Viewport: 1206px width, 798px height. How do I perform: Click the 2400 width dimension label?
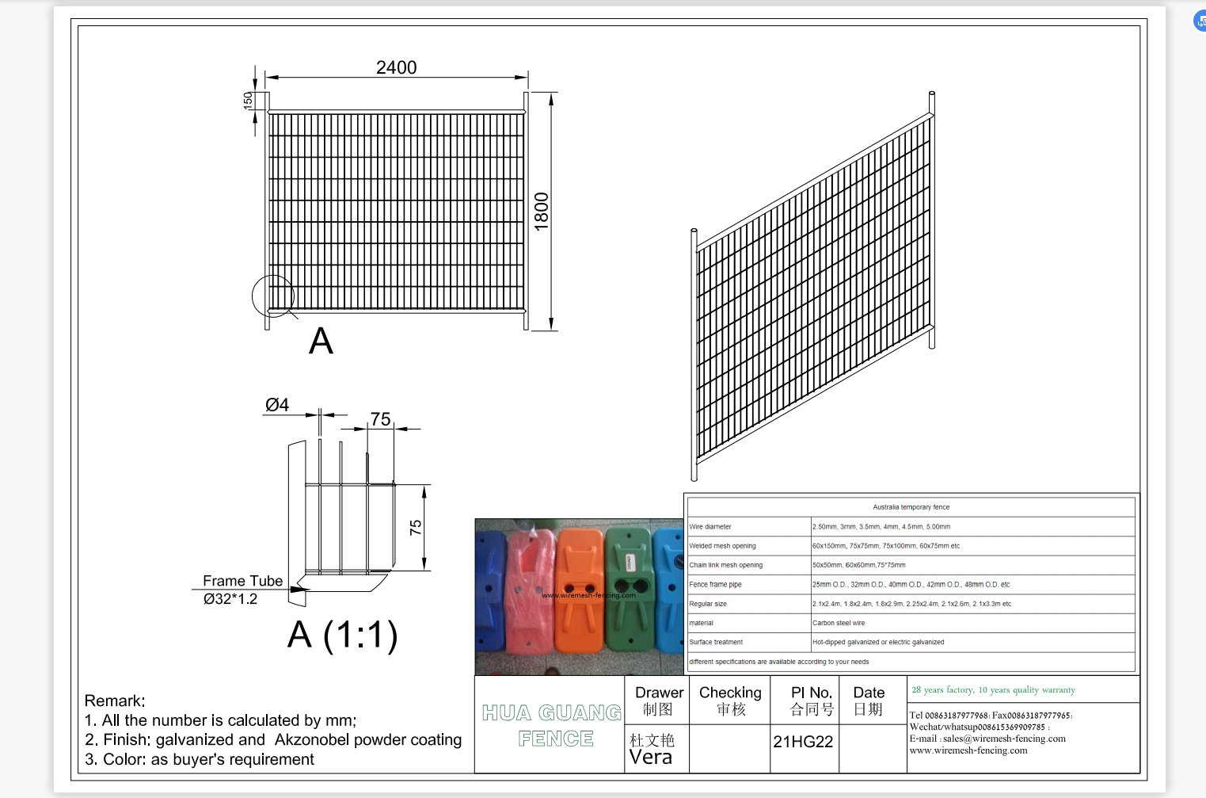point(396,68)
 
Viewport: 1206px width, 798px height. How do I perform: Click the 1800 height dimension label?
point(542,212)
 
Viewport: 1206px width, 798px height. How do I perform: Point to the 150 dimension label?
point(248,100)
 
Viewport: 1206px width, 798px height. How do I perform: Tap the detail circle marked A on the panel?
point(273,296)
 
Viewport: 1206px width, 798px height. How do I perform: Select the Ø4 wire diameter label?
point(277,405)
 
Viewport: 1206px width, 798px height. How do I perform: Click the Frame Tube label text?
point(242,581)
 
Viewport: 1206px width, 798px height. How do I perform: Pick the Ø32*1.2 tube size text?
point(230,599)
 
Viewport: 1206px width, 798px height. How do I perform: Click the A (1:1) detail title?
point(342,635)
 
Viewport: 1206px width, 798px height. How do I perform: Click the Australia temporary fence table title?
point(911,507)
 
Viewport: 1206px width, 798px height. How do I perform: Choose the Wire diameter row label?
point(710,527)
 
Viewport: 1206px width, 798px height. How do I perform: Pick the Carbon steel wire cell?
point(839,623)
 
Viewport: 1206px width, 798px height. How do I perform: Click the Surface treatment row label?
point(716,642)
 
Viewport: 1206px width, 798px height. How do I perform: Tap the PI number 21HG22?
point(803,742)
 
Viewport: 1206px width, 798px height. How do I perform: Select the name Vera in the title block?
point(651,758)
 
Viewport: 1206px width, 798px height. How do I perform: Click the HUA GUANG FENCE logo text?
point(553,725)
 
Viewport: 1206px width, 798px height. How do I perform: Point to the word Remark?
point(115,701)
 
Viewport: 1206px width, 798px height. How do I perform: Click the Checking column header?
point(730,693)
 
